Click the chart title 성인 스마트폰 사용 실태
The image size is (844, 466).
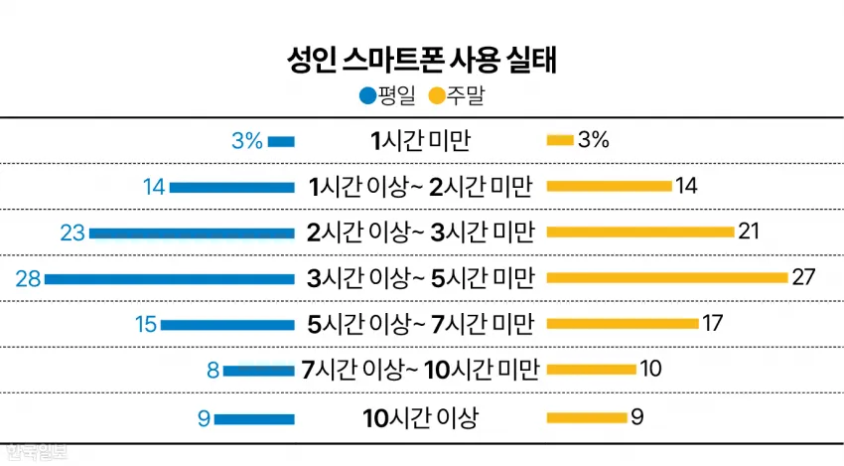pyautogui.click(x=421, y=60)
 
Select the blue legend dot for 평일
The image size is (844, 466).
pyautogui.click(x=367, y=96)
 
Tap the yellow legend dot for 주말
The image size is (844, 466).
pyautogui.click(x=437, y=96)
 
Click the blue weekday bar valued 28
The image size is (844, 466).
pyautogui.click(x=170, y=279)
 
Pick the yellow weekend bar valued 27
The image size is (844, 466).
pyautogui.click(x=667, y=277)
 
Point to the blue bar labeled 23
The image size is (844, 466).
pyautogui.click(x=193, y=233)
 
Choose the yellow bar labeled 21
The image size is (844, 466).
pyautogui.click(x=640, y=232)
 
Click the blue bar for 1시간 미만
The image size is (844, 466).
pyautogui.click(x=282, y=142)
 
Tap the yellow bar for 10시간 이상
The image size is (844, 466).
pyautogui.click(x=587, y=417)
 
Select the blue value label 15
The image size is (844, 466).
pyautogui.click(x=145, y=324)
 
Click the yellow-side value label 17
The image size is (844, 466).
pyautogui.click(x=712, y=323)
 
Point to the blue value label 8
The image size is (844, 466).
pyautogui.click(x=213, y=370)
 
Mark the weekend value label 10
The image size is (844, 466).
pyautogui.click(x=650, y=369)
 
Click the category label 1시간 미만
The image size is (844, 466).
pyautogui.click(x=421, y=141)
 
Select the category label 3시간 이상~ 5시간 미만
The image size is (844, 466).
pyautogui.click(x=421, y=278)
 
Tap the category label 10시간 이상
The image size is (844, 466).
pyautogui.click(x=420, y=418)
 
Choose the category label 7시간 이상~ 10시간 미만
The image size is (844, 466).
pyautogui.click(x=420, y=370)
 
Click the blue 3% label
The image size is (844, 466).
pyautogui.click(x=247, y=141)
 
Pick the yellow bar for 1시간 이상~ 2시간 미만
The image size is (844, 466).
pyautogui.click(x=610, y=187)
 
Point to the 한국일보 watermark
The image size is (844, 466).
pyautogui.click(x=36, y=451)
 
